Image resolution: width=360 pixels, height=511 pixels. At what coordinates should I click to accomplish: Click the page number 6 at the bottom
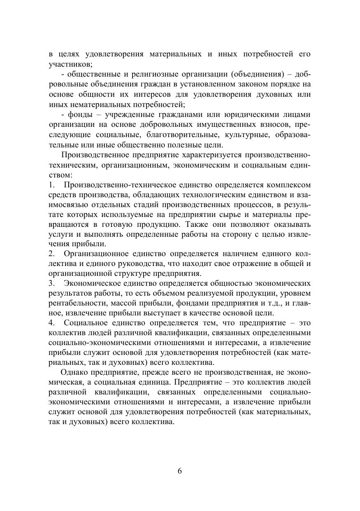[180, 471]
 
